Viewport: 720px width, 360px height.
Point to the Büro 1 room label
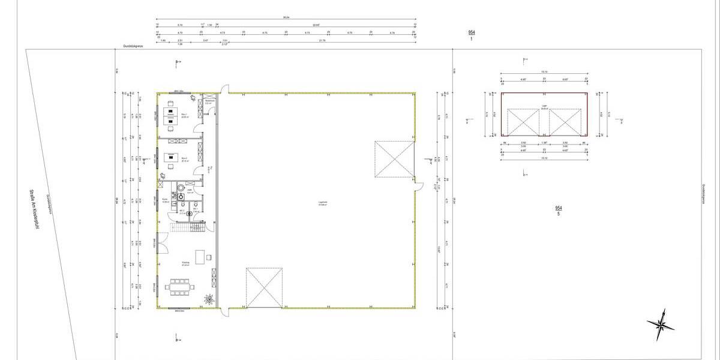pyautogui.click(x=184, y=116)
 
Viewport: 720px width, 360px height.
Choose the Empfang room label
pyautogui.click(x=186, y=263)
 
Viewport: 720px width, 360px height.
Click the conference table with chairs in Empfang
pyautogui.click(x=180, y=287)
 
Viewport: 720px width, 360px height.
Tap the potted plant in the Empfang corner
pyautogui.click(x=209, y=298)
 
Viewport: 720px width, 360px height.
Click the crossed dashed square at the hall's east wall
pyautogui.click(x=394, y=160)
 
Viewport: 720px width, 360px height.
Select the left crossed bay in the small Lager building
pyautogui.click(x=523, y=123)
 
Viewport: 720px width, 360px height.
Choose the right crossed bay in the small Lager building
pyautogui.click(x=565, y=123)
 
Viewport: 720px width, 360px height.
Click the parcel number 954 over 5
pyautogui.click(x=559, y=211)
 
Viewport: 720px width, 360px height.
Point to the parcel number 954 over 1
pyautogui.click(x=472, y=34)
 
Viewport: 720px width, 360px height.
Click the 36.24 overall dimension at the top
pyautogui.click(x=286, y=18)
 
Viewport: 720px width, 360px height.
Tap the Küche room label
pyautogui.click(x=166, y=202)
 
